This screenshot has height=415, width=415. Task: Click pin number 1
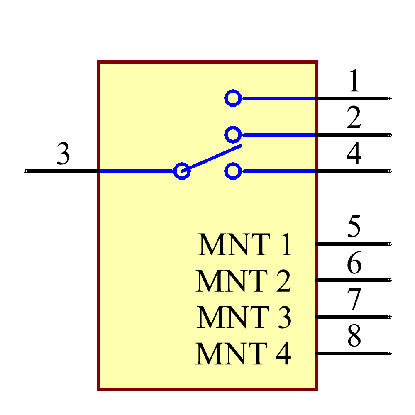coord(354,81)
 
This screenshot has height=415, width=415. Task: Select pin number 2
coord(354,117)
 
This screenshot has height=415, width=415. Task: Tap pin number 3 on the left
coord(63,154)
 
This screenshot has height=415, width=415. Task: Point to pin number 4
coord(354,154)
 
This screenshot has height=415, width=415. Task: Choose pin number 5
coord(354,227)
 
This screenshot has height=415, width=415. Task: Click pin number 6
coord(354,263)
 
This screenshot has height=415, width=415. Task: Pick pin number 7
coord(354,300)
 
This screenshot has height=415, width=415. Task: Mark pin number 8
coord(354,336)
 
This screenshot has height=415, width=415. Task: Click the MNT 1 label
coord(245,245)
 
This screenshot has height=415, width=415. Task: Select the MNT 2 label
coord(244,281)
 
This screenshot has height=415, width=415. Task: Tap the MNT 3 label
coord(244,317)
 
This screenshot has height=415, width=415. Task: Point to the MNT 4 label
coord(244,354)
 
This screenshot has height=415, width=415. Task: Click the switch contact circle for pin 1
coord(233,98)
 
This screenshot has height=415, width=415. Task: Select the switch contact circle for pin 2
coord(233,134)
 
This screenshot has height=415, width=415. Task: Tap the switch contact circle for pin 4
coord(233,171)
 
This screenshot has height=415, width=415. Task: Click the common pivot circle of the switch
coord(182,171)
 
